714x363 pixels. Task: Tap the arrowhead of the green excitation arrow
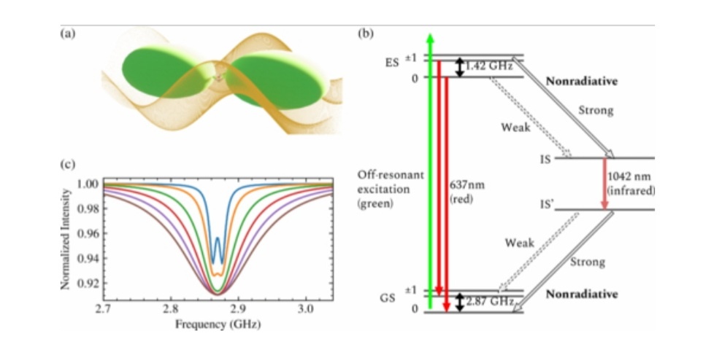tap(431, 38)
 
